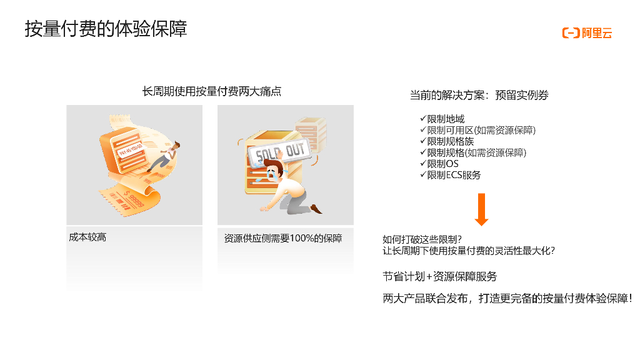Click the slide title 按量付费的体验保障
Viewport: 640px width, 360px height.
point(106,29)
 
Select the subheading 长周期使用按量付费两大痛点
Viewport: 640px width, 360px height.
point(212,91)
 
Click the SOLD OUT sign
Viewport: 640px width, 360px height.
point(279,154)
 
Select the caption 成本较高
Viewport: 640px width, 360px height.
point(87,237)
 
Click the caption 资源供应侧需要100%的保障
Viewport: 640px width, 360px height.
point(283,238)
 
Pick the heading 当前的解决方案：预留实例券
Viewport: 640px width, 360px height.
point(479,95)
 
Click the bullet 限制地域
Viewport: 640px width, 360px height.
point(446,119)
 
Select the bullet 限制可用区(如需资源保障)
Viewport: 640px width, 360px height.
point(481,130)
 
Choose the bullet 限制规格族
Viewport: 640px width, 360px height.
point(450,141)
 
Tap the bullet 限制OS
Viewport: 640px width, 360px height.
point(443,164)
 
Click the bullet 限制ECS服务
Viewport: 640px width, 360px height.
point(454,175)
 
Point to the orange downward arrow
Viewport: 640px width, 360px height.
point(482,209)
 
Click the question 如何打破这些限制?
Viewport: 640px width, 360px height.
point(422,239)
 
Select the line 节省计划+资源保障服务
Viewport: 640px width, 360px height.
point(439,276)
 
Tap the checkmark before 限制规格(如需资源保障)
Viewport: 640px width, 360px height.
point(423,152)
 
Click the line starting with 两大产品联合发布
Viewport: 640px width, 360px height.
point(507,298)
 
